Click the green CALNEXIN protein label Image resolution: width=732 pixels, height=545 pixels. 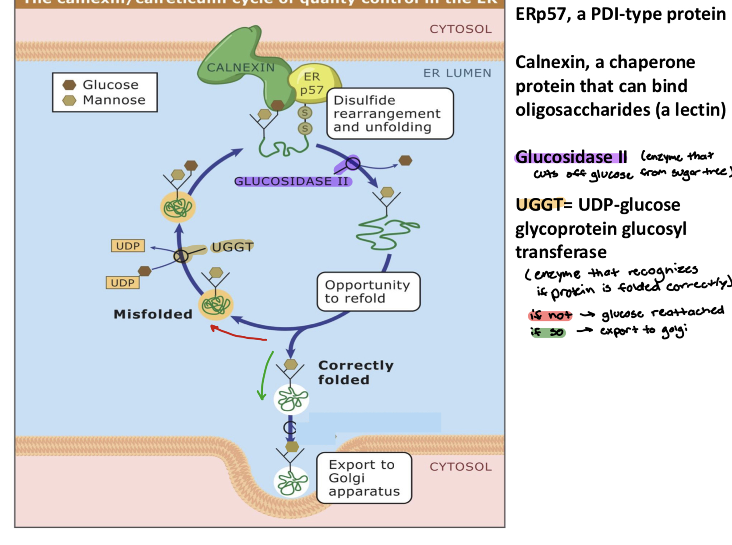pyautogui.click(x=240, y=68)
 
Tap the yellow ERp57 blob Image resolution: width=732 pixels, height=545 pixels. pyautogui.click(x=313, y=83)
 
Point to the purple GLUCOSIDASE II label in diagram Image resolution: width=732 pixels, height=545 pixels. pyautogui.click(x=292, y=181)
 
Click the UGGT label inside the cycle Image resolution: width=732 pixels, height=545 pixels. pyautogui.click(x=233, y=247)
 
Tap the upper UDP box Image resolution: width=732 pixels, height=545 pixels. pyautogui.click(x=127, y=246)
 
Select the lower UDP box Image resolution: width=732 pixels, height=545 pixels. pyautogui.click(x=122, y=283)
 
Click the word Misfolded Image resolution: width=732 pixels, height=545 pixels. pyautogui.click(x=153, y=314)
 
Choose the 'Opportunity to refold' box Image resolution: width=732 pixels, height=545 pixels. pyautogui.click(x=368, y=292)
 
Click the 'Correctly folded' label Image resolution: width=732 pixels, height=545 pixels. pyautogui.click(x=355, y=372)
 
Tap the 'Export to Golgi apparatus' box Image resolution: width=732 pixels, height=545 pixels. pyautogui.click(x=364, y=478)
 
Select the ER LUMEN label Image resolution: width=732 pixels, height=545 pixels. pyautogui.click(x=457, y=73)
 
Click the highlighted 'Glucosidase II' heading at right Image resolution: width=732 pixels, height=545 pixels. pyautogui.click(x=571, y=157)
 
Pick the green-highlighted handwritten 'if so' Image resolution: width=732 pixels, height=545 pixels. pyautogui.click(x=548, y=332)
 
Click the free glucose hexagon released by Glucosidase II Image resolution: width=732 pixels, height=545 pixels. pyautogui.click(x=405, y=161)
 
